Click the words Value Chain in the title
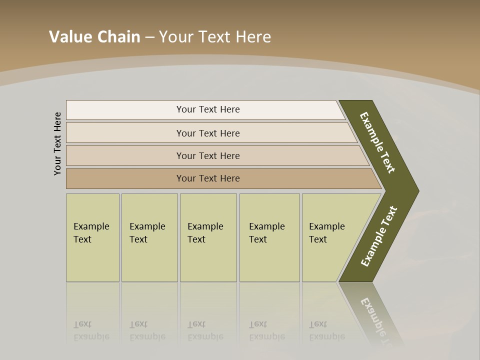(x=94, y=37)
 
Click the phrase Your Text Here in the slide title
(x=215, y=37)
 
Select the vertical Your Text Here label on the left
(x=57, y=143)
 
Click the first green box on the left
(x=92, y=237)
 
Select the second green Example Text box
(x=149, y=237)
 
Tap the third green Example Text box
(x=207, y=237)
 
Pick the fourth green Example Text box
(x=269, y=237)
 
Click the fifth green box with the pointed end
(x=332, y=237)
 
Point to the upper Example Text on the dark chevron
(x=377, y=142)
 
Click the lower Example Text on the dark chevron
(x=379, y=236)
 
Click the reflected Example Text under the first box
(x=91, y=331)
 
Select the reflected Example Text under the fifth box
(x=327, y=331)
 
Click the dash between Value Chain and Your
(x=149, y=37)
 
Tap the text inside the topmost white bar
(x=208, y=109)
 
